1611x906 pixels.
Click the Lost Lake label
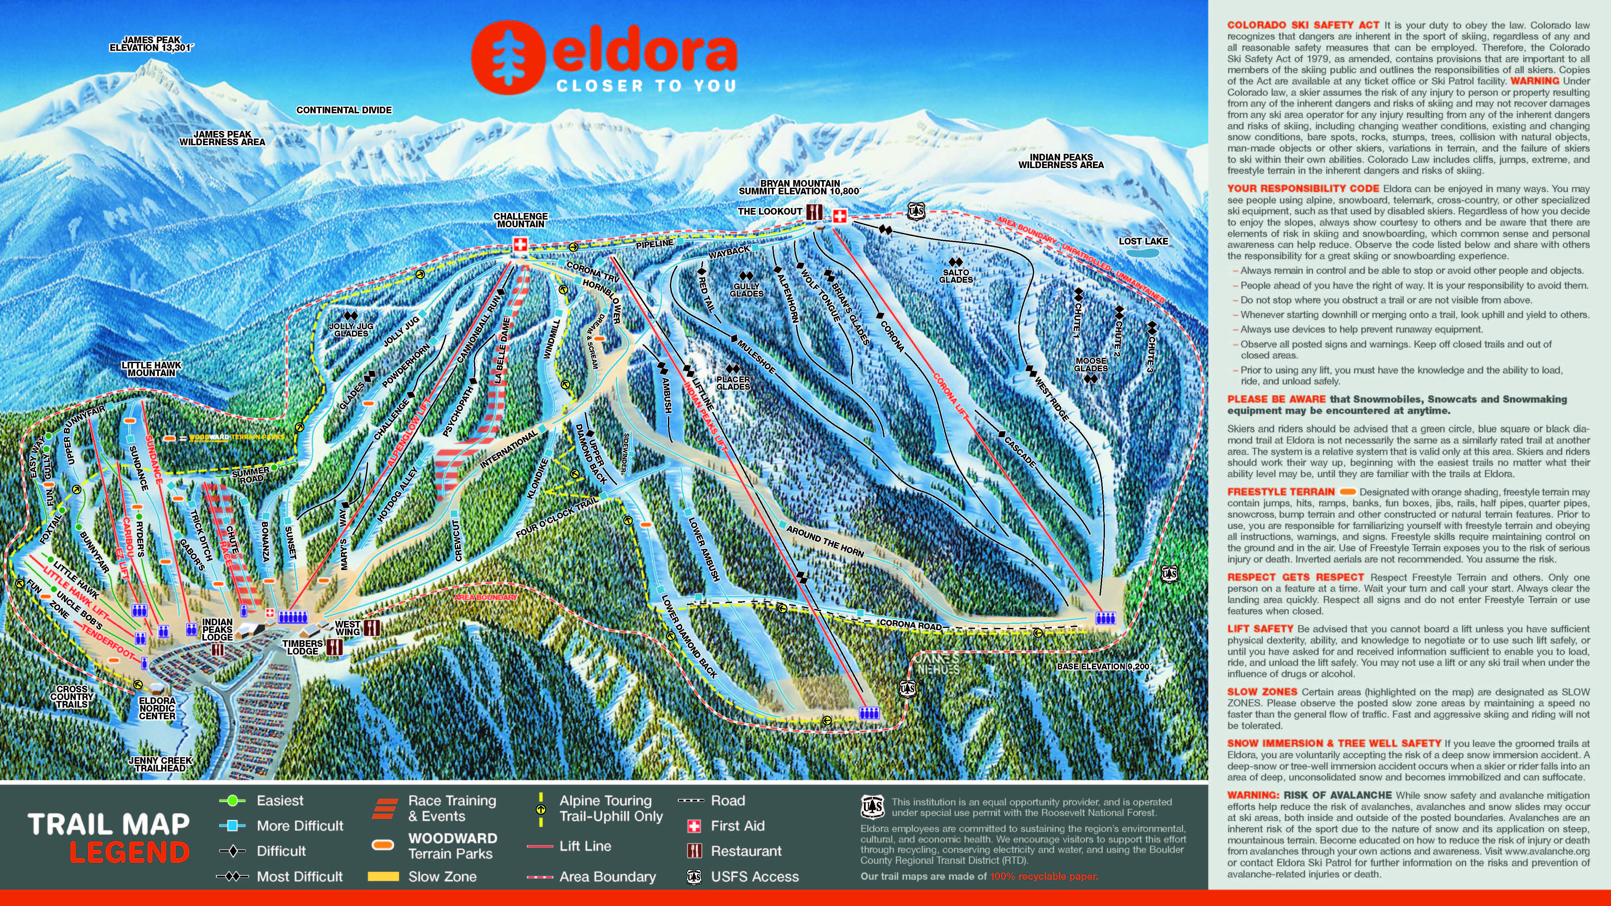tap(1143, 241)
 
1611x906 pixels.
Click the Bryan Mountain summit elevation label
tap(799, 188)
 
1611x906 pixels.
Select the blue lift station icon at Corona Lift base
tap(1105, 618)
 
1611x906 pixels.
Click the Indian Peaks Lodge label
tap(217, 630)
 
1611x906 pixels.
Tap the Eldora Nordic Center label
tap(157, 708)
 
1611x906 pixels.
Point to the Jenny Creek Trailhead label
tap(160, 764)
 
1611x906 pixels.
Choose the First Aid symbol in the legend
tap(694, 826)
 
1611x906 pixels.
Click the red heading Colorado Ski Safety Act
tap(1303, 25)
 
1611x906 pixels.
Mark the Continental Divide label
tap(344, 110)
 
